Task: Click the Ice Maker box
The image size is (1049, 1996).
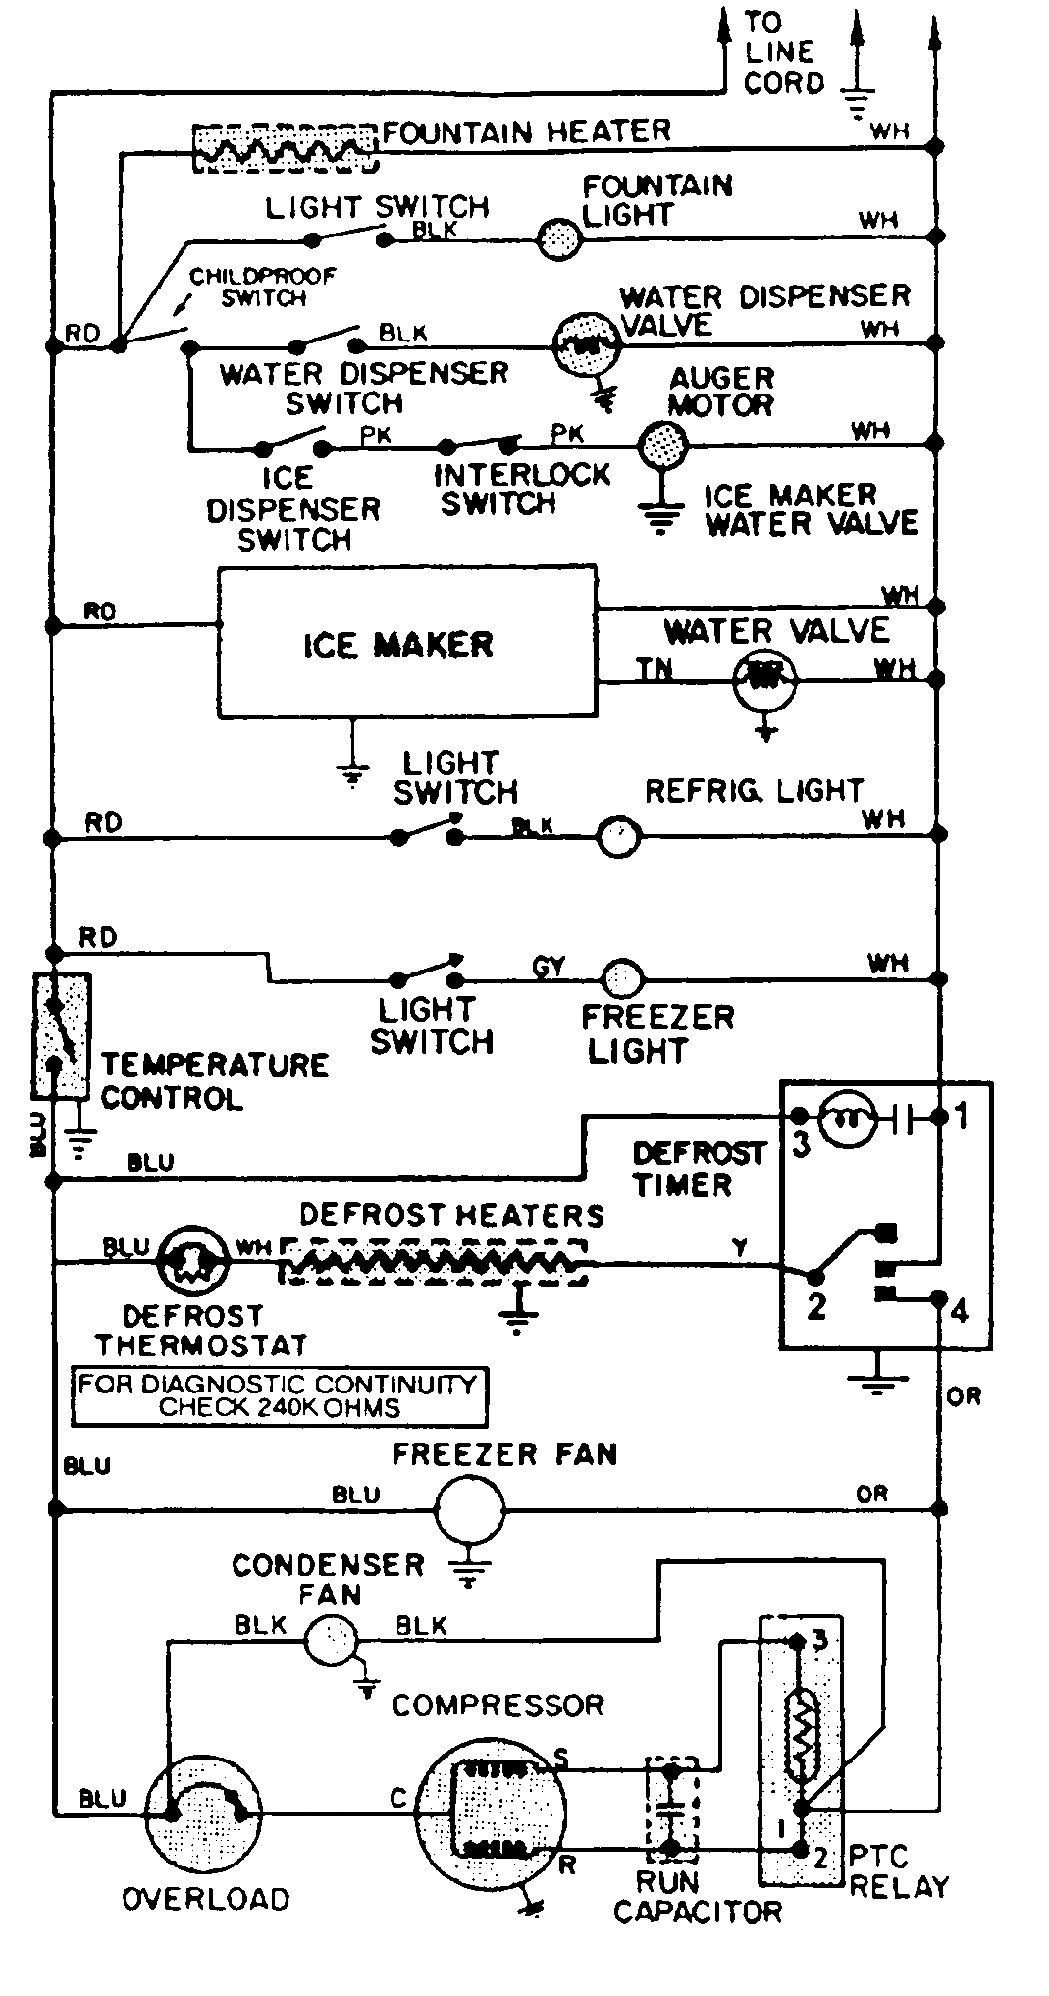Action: pos(406,643)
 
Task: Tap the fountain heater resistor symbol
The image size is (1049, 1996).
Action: pos(286,148)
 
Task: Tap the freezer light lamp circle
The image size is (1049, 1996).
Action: pos(622,978)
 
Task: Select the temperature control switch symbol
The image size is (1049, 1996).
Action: pos(60,1035)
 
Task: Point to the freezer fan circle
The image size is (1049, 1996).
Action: pos(469,1508)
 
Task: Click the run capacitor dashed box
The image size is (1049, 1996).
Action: pos(670,1808)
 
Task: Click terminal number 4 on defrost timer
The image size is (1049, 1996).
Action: pos(960,1309)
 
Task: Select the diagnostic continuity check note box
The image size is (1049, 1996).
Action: pos(279,1396)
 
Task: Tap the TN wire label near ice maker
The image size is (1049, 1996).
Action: pos(655,669)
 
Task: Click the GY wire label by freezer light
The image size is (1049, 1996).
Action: pos(550,967)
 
